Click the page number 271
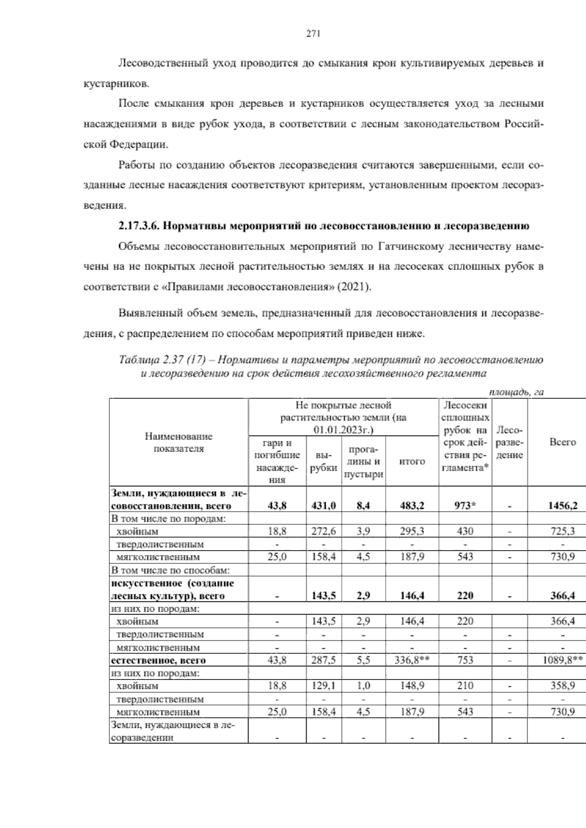(313, 34)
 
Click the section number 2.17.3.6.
(138, 226)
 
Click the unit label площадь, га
(516, 392)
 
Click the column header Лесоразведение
(509, 443)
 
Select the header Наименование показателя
(179, 442)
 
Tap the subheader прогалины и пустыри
(363, 461)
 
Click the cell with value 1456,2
(563, 506)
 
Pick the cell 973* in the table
(465, 506)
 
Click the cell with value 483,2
(412, 506)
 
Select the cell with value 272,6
(324, 531)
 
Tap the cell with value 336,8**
(412, 661)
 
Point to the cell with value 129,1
(324, 686)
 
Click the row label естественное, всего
(158, 661)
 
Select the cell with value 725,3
(563, 531)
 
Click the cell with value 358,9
(563, 686)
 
